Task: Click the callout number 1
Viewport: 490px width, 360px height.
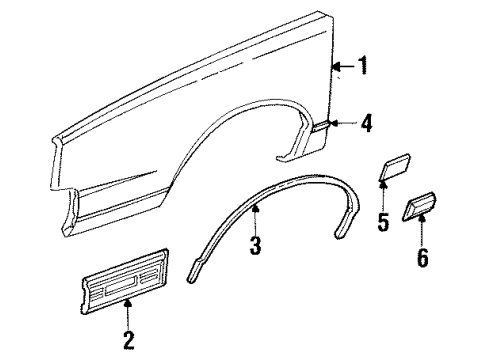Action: [362, 69]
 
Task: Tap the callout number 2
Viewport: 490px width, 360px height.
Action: [127, 340]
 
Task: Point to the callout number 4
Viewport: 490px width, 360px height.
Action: [366, 124]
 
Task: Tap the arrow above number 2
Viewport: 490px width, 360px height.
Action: [127, 312]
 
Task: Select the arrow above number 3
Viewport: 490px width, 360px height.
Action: [256, 214]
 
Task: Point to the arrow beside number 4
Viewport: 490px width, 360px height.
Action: [346, 124]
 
